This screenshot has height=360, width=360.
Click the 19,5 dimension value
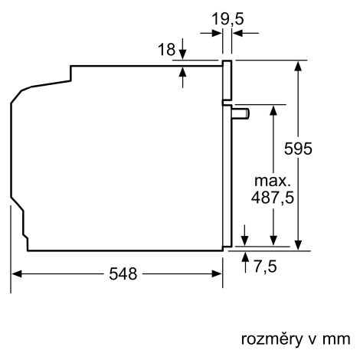pyautogui.click(x=227, y=19)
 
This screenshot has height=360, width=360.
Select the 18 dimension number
pyautogui.click(x=167, y=49)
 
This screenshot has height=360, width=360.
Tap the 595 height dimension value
pyautogui.click(x=298, y=149)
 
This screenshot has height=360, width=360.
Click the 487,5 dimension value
pyautogui.click(x=273, y=198)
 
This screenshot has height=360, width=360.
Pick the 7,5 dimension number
pyautogui.click(x=265, y=267)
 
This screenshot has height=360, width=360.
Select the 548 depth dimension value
pyautogui.click(x=123, y=274)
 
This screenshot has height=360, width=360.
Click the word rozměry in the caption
pyautogui.click(x=271, y=339)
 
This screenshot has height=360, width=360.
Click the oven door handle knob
pyautogui.click(x=241, y=113)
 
